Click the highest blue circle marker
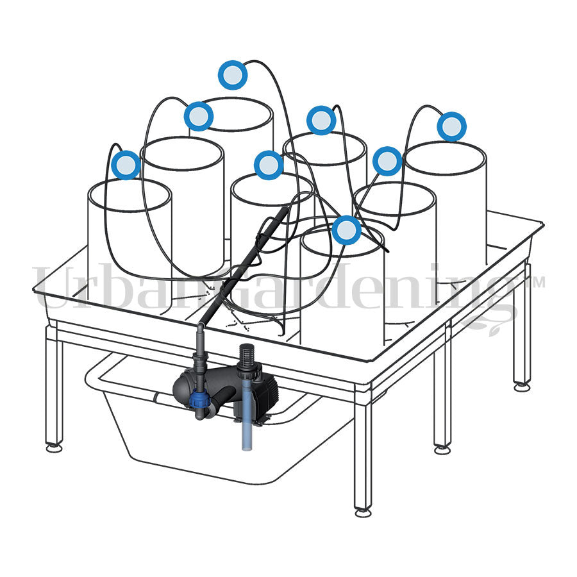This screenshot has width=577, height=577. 233,75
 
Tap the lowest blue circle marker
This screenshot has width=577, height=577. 346,230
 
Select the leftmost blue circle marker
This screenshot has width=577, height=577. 126,165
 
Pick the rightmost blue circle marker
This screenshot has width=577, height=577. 452,126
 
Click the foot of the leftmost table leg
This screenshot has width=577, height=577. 54,448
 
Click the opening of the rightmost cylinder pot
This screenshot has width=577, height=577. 445,158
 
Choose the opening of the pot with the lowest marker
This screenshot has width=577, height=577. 343,240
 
